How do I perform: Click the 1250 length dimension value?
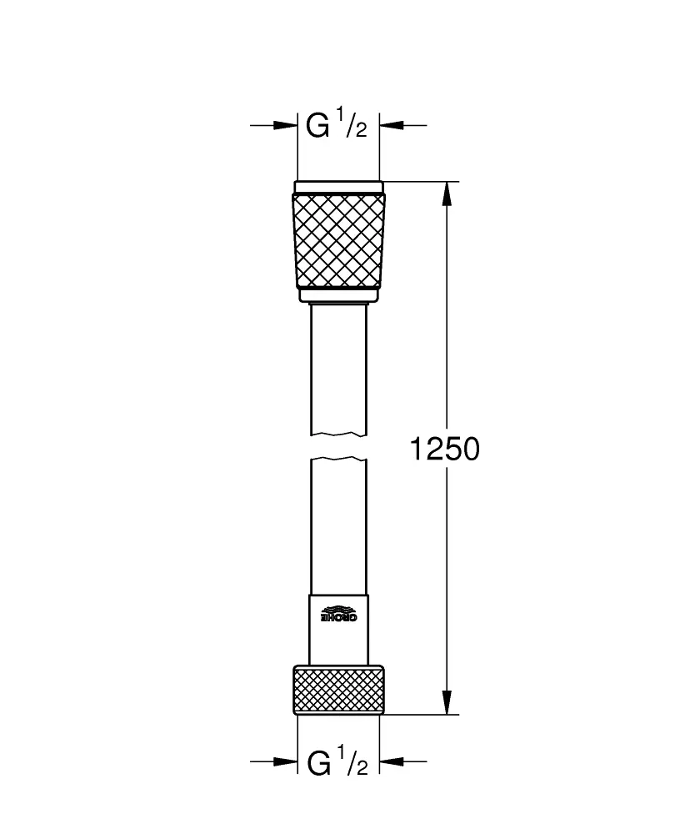(445, 450)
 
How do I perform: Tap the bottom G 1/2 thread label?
(337, 762)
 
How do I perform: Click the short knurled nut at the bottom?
(339, 689)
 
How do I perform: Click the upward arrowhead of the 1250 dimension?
(447, 193)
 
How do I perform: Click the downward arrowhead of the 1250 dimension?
(447, 702)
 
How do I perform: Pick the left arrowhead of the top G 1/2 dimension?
(287, 126)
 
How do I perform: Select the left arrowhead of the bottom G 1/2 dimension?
(287, 761)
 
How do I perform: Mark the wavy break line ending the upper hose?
(339, 434)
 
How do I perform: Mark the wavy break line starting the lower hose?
(339, 459)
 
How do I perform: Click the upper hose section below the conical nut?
(339, 367)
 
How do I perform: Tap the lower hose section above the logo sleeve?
(339, 525)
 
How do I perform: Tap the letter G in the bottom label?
(318, 762)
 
